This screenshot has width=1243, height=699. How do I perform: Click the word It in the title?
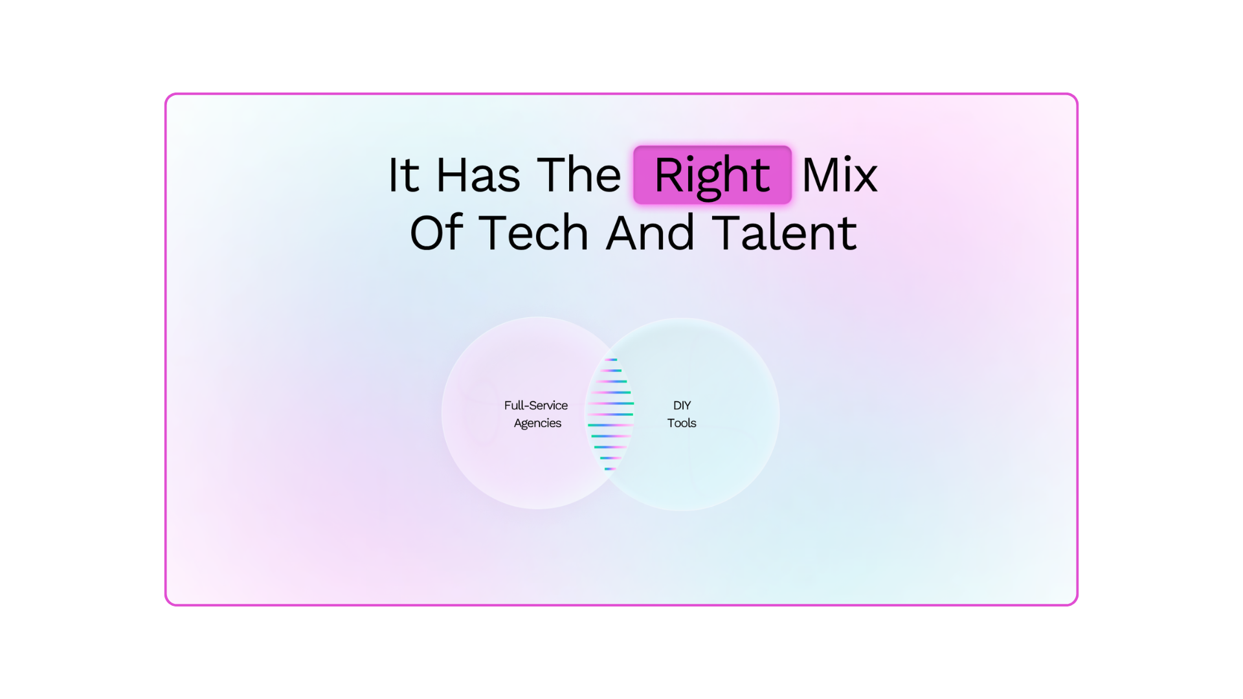(403, 175)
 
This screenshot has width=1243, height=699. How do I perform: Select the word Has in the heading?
(478, 175)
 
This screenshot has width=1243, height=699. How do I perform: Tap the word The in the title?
(579, 175)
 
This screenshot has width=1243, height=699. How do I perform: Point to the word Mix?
(840, 175)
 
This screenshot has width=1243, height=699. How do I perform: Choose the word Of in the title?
(436, 232)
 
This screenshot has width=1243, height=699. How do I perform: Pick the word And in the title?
(650, 233)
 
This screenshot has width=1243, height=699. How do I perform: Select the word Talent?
(785, 232)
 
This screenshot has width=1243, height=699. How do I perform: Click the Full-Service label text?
(536, 405)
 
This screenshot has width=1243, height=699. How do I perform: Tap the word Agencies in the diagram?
(537, 423)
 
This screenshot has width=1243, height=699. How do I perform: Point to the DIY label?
(682, 405)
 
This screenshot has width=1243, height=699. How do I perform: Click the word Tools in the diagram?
(682, 423)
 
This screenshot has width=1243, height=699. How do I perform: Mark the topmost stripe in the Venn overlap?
(610, 359)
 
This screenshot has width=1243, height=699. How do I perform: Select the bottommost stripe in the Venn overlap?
(610, 469)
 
